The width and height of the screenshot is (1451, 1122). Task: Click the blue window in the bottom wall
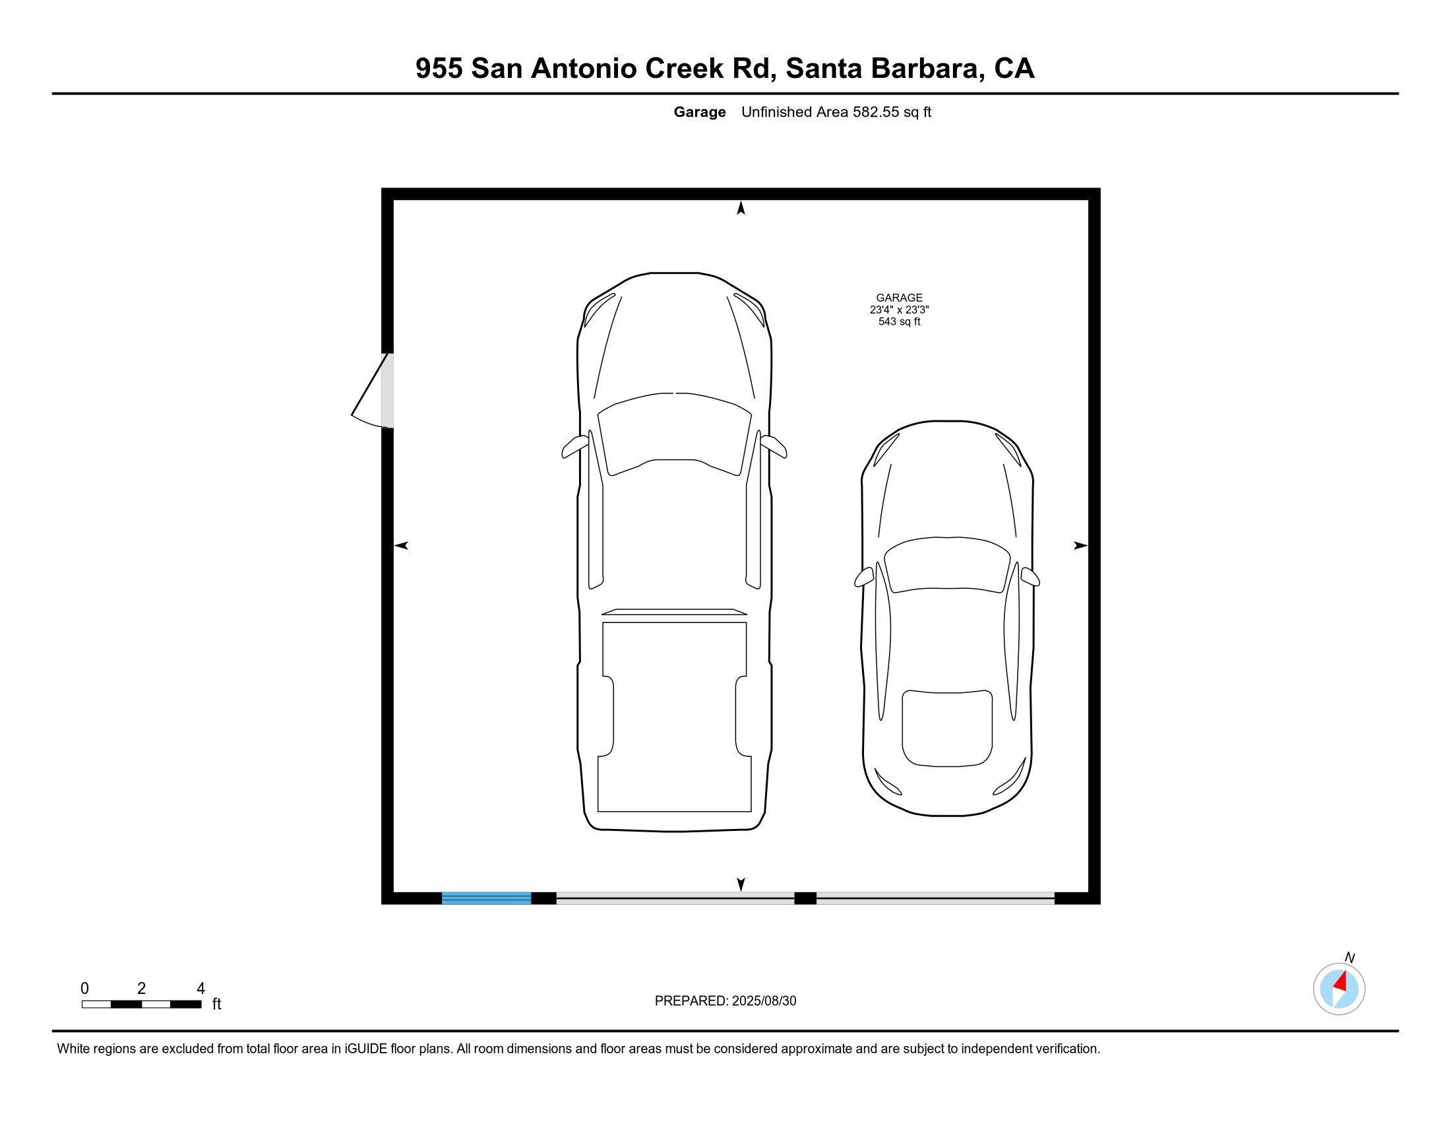pos(486,898)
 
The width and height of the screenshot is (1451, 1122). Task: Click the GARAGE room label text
pos(899,298)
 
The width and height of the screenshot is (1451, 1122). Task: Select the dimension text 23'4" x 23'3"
pos(899,310)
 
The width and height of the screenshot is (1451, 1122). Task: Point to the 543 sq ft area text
pos(899,321)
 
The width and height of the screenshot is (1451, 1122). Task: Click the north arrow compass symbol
pos(1339,989)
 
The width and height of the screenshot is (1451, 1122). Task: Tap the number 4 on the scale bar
pos(201,989)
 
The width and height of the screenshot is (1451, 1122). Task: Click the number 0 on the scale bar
pos(84,989)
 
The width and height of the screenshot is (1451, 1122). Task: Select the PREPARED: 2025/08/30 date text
pos(725,1001)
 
